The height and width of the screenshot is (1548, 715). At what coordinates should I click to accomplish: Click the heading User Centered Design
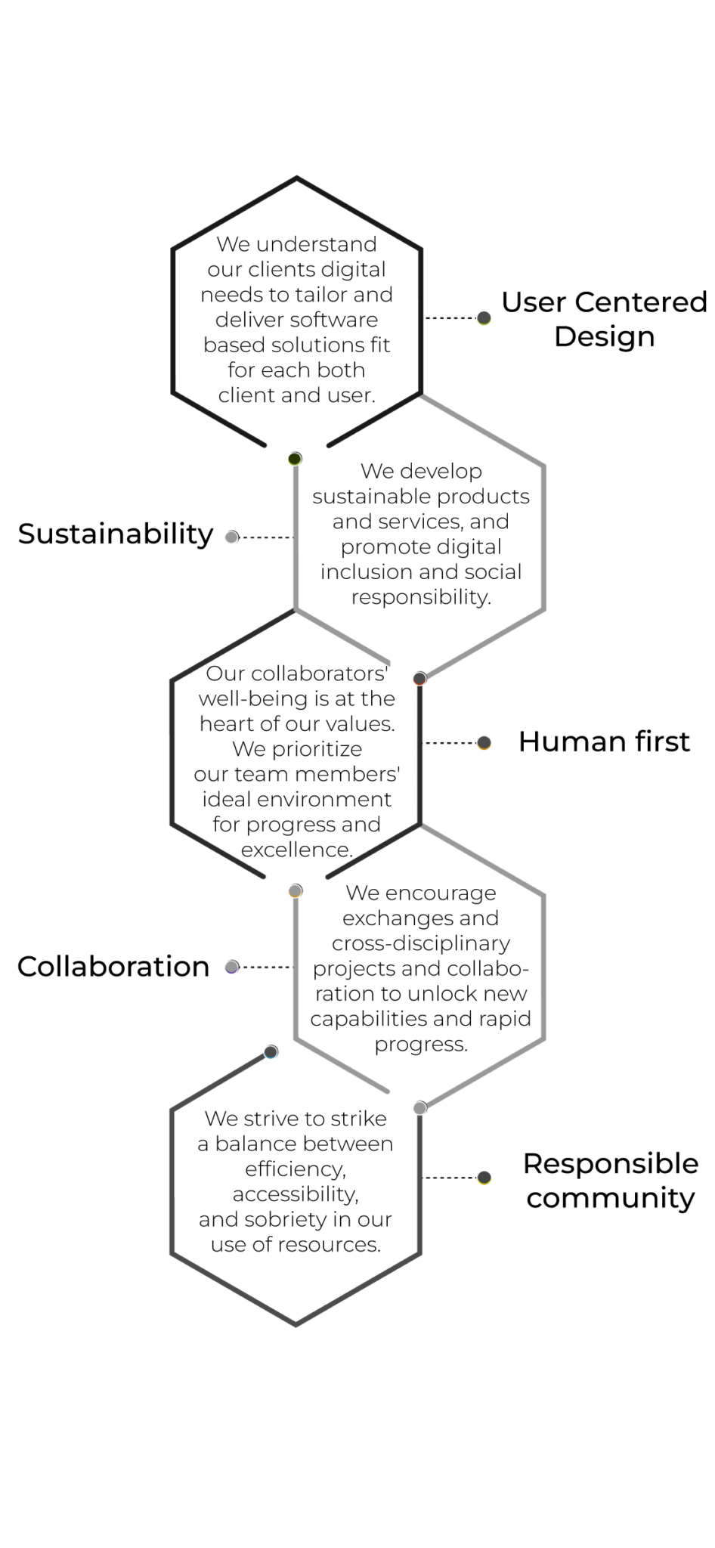tap(604, 319)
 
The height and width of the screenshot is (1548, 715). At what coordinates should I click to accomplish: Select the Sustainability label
tap(116, 534)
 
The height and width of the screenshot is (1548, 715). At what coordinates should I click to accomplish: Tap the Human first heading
tap(604, 741)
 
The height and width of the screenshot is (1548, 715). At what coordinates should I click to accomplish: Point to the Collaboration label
tap(113, 966)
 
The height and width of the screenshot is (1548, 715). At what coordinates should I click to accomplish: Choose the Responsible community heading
tap(611, 1181)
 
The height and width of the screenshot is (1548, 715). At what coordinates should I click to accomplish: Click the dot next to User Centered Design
tap(484, 318)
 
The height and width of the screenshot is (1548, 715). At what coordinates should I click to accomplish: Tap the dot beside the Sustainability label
tap(232, 537)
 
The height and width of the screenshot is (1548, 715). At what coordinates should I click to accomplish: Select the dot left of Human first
tap(484, 743)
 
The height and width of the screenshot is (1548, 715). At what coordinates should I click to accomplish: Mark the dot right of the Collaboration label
tap(232, 967)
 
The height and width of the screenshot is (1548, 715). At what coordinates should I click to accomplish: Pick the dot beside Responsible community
tap(484, 1177)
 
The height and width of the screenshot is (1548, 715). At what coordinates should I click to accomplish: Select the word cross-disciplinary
tap(421, 944)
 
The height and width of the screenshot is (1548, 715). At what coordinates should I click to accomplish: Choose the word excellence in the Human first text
tap(297, 850)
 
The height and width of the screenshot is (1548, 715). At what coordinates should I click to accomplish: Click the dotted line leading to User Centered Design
tap(451, 318)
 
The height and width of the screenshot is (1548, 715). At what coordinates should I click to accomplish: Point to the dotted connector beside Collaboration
tap(267, 967)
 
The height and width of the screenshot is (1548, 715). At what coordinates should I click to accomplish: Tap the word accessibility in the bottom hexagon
tap(296, 1194)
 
